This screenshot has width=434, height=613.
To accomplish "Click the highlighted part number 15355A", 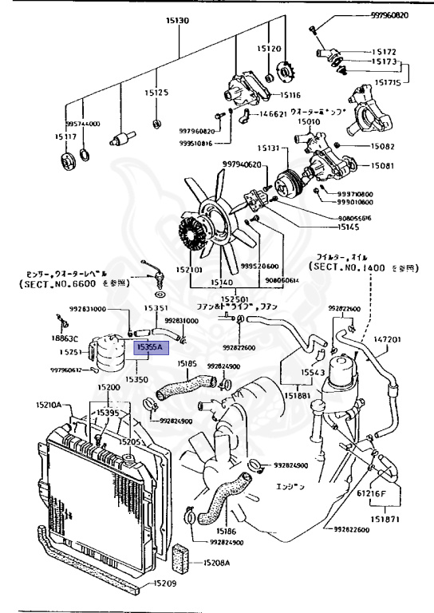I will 149,347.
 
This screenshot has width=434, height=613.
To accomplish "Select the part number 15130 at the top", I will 177,20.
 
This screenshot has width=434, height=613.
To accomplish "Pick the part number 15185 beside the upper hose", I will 187,363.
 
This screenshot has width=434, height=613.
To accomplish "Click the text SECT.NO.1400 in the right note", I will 349,267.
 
